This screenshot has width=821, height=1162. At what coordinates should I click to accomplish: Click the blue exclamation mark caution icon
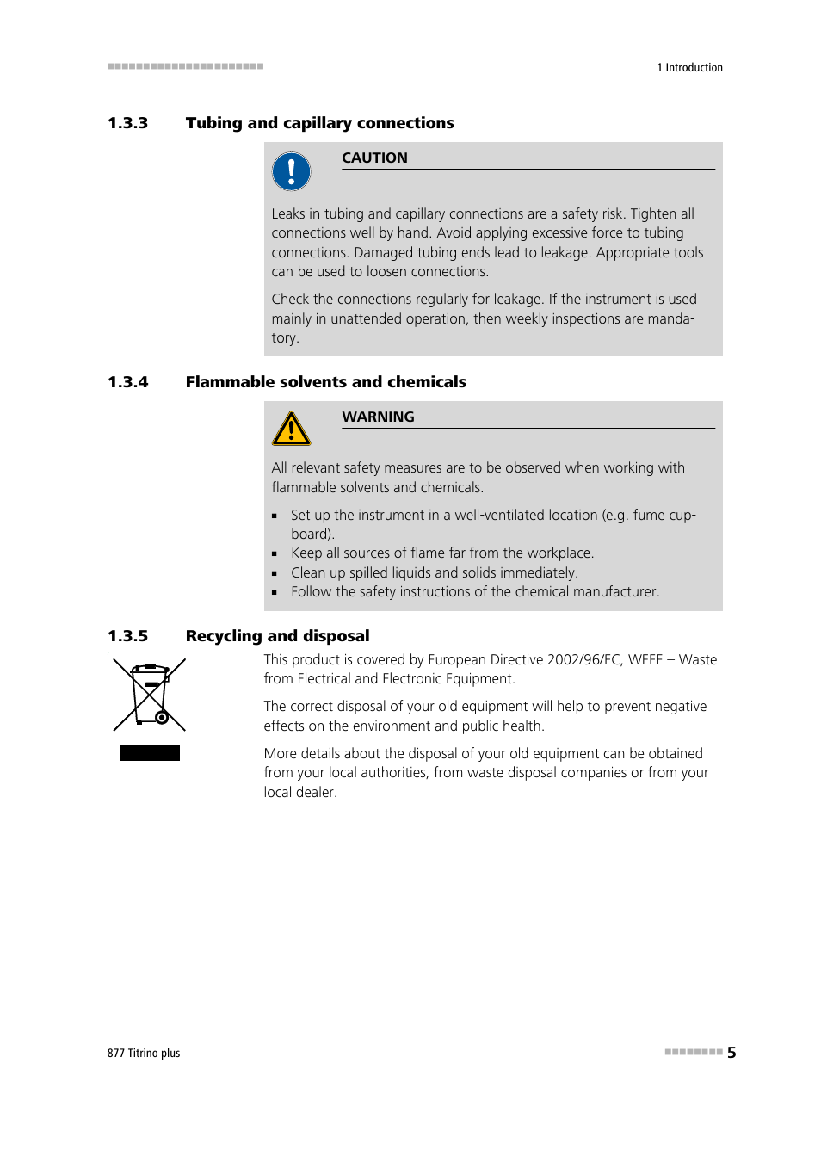(x=291, y=171)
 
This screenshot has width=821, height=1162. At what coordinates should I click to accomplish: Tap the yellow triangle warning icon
(x=291, y=429)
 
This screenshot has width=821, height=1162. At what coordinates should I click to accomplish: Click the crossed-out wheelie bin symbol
(x=150, y=694)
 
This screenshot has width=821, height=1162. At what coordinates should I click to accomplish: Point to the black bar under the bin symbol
(x=150, y=753)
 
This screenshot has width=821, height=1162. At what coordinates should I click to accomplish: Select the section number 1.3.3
(x=127, y=123)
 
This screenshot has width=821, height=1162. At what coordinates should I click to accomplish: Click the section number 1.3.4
(x=127, y=382)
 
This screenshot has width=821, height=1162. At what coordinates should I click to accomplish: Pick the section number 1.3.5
(x=127, y=636)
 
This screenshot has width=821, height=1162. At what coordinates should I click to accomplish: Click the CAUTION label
(x=374, y=158)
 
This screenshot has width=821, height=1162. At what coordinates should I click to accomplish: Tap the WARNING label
(x=378, y=417)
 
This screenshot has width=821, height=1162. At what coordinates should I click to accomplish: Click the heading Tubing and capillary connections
(x=319, y=123)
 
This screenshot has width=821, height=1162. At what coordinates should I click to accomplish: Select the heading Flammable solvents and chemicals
(x=325, y=382)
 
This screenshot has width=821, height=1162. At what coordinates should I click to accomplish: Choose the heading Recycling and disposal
(x=277, y=636)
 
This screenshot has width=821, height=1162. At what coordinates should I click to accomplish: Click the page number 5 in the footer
(x=731, y=1053)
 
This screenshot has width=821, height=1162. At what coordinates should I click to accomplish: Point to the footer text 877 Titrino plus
(x=144, y=1054)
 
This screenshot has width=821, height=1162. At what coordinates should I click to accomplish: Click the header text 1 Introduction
(x=689, y=68)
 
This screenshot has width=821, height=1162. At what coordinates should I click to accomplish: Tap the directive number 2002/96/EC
(x=583, y=660)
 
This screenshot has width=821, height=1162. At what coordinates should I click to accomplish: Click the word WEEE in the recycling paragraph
(x=645, y=660)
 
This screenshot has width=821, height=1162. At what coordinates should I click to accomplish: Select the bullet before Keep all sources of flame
(x=275, y=554)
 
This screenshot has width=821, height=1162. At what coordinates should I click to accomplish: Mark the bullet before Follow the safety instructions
(x=275, y=593)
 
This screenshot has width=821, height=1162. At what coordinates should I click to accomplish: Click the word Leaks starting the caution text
(x=288, y=214)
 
